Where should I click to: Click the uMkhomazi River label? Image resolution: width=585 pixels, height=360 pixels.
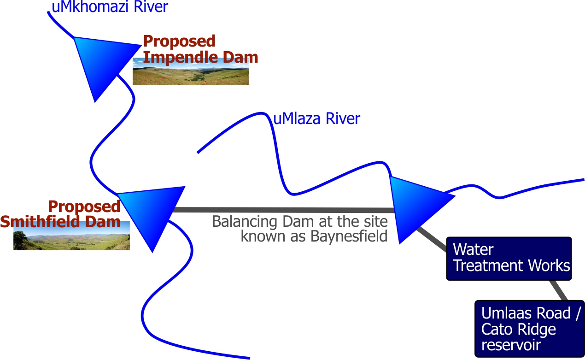pos(110,7)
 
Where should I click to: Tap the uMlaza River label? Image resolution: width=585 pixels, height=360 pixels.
pos(316,119)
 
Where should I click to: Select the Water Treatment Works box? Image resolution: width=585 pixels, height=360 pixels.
pos(509,259)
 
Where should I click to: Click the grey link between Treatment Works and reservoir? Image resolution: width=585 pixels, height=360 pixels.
pos(559,290)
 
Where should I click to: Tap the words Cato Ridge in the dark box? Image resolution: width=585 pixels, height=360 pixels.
pos(519,330)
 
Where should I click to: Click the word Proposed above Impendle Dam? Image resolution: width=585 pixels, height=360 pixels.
pos(179,41)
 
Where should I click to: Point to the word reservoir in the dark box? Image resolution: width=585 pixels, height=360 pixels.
pos(511,345)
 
